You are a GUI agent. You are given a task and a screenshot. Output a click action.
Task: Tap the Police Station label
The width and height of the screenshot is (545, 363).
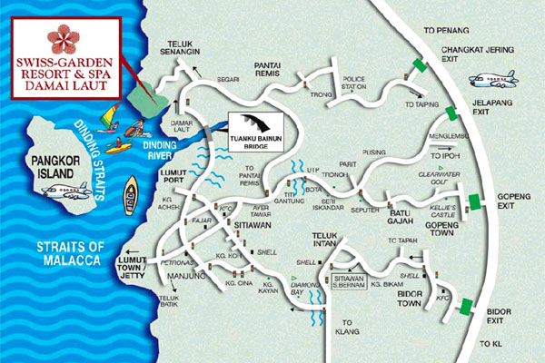(360, 84)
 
